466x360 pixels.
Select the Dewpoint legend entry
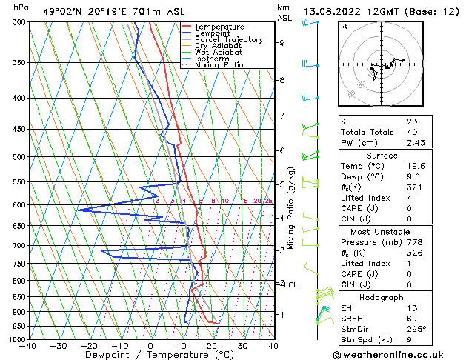(212, 33)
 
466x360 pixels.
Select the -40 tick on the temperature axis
(29, 346)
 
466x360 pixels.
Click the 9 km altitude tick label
(282, 43)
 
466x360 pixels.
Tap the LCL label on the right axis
(291, 284)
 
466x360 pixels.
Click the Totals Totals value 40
(412, 132)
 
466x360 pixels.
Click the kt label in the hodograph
(344, 27)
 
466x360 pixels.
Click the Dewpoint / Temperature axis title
(150, 355)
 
